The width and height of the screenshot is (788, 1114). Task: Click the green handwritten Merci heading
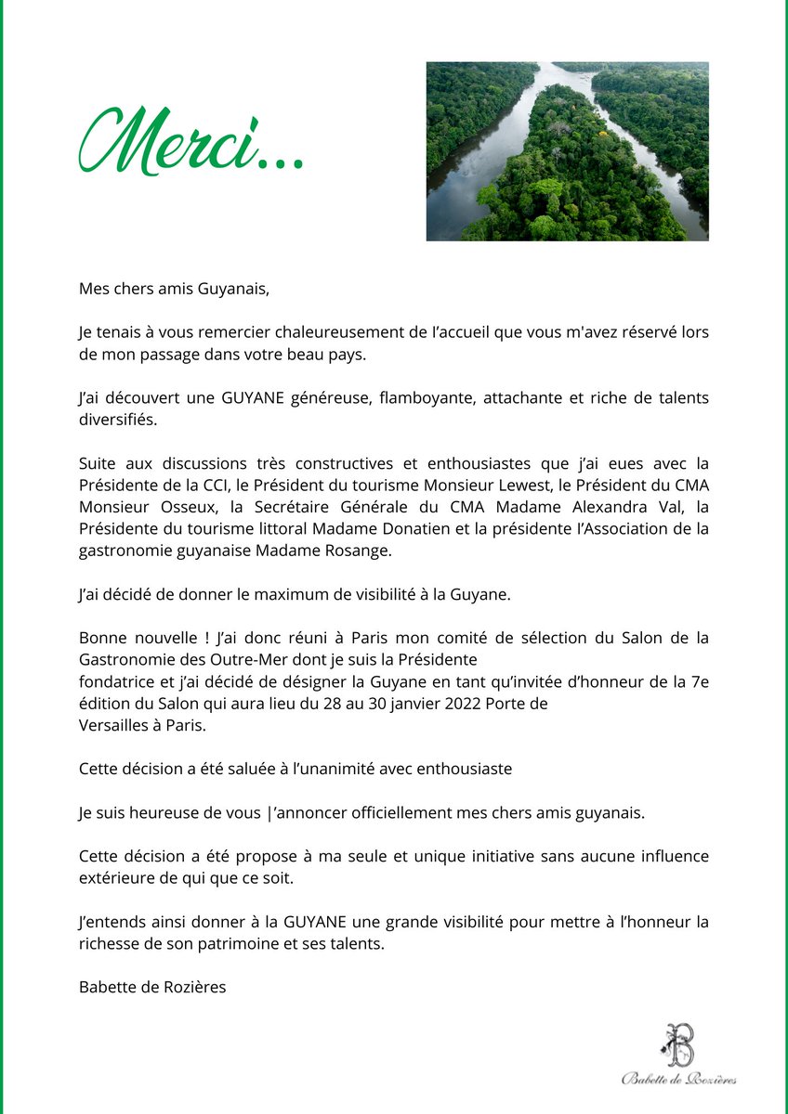pos(190,142)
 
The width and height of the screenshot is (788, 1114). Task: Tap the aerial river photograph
pos(567,151)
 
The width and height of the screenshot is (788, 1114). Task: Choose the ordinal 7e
pos(700,680)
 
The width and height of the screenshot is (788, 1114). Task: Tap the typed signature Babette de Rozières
pos(152,987)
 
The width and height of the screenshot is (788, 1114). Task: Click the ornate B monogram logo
pos(679,1044)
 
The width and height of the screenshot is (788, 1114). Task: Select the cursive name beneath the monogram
pos(679,1079)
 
